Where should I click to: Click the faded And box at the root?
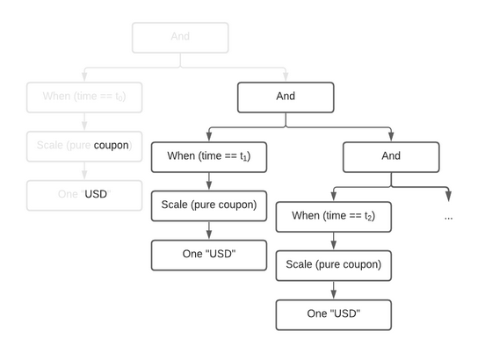click(x=180, y=38)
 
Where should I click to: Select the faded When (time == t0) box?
click(x=84, y=96)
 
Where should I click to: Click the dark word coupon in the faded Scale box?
click(x=111, y=145)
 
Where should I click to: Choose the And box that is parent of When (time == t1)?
click(x=286, y=97)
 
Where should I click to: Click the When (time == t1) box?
click(x=208, y=156)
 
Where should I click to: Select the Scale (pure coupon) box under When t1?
click(x=208, y=205)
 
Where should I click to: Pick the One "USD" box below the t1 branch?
click(x=208, y=254)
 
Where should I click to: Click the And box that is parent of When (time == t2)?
click(x=391, y=156)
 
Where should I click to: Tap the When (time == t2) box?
click(x=333, y=216)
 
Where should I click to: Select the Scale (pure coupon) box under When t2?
click(x=333, y=264)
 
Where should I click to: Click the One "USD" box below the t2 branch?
click(x=333, y=313)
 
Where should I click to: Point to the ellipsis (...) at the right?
click(x=449, y=216)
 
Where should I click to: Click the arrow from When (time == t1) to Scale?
click(x=208, y=181)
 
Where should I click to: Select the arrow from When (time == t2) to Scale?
click(x=333, y=241)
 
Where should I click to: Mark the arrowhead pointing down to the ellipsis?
click(x=449, y=196)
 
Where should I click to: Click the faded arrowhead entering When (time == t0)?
click(x=84, y=76)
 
